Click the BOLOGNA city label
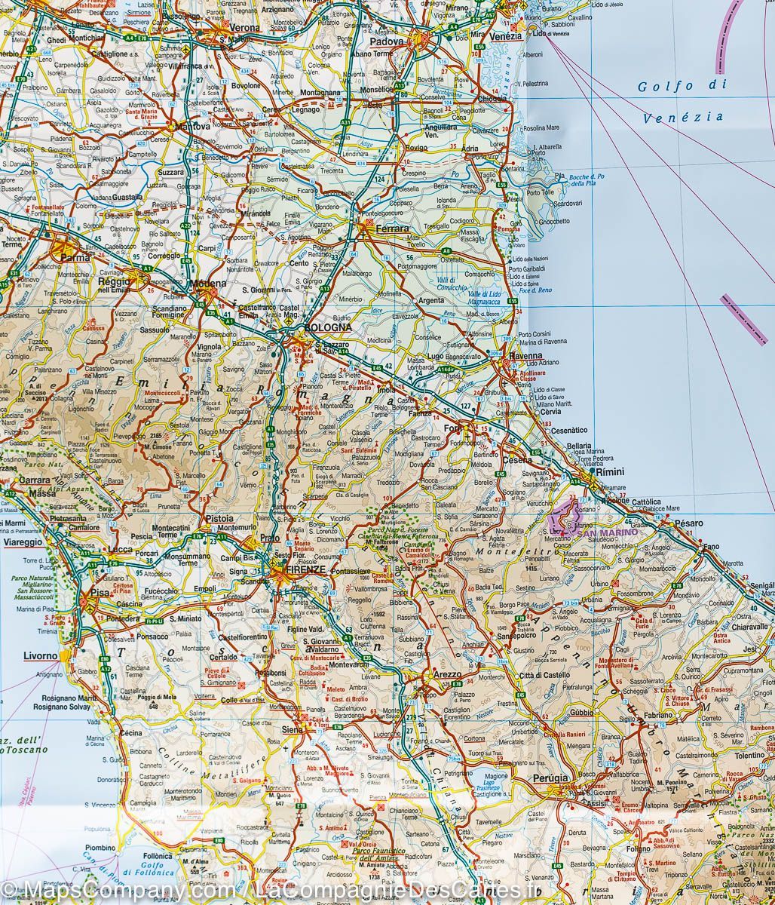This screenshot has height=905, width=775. click(x=326, y=328)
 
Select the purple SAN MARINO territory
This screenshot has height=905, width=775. click(x=566, y=519)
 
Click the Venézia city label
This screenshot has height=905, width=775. click(x=505, y=36)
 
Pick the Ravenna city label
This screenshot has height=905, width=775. click(x=525, y=356)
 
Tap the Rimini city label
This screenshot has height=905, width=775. click(x=609, y=471)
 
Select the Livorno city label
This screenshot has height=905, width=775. click(x=41, y=655)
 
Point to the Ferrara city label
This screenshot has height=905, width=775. click(x=392, y=228)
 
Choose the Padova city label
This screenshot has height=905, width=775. click(x=391, y=42)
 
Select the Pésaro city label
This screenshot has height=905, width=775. click(x=688, y=523)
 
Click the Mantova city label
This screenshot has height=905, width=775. click(x=192, y=127)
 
